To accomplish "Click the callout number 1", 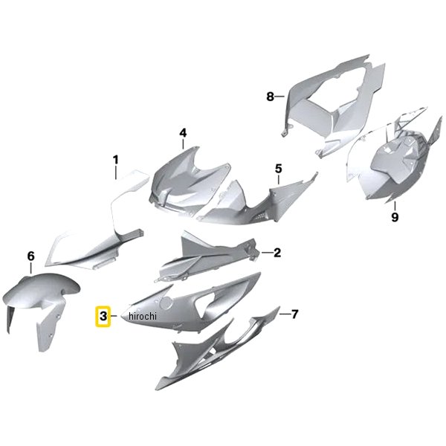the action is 115,160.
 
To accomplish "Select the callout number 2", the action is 277,253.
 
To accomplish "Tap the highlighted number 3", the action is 103,316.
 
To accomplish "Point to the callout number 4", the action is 183,133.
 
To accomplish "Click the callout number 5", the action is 279,169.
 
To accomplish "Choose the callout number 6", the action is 30,256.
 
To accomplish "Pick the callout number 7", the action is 294,314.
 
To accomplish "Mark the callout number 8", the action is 271,97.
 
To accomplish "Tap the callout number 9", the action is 395,218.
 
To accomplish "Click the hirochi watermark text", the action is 143,316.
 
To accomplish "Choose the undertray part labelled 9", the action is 395,159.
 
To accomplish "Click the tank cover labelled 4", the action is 188,185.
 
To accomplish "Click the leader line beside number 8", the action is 279,97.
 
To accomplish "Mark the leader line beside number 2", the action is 267,253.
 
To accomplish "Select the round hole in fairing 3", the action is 166,303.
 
